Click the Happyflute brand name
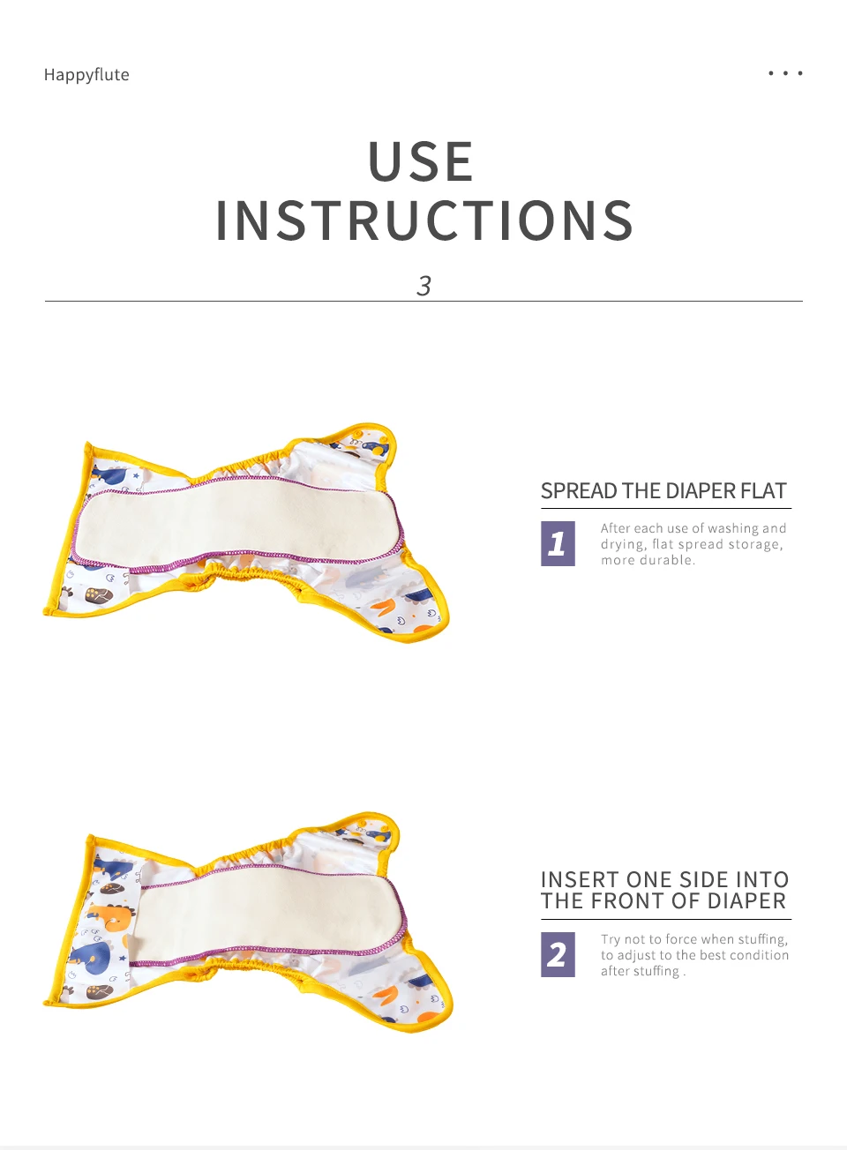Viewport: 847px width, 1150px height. [86, 75]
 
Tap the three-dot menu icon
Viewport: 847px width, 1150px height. [785, 73]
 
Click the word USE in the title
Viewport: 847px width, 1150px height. [421, 161]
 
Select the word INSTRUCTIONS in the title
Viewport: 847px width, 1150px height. [424, 220]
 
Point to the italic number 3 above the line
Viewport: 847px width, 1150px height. [423, 286]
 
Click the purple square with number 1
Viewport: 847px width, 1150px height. [558, 543]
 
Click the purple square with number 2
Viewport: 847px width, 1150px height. [558, 955]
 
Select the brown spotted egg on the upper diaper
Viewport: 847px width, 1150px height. [99, 596]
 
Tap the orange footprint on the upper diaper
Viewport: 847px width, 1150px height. [386, 607]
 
